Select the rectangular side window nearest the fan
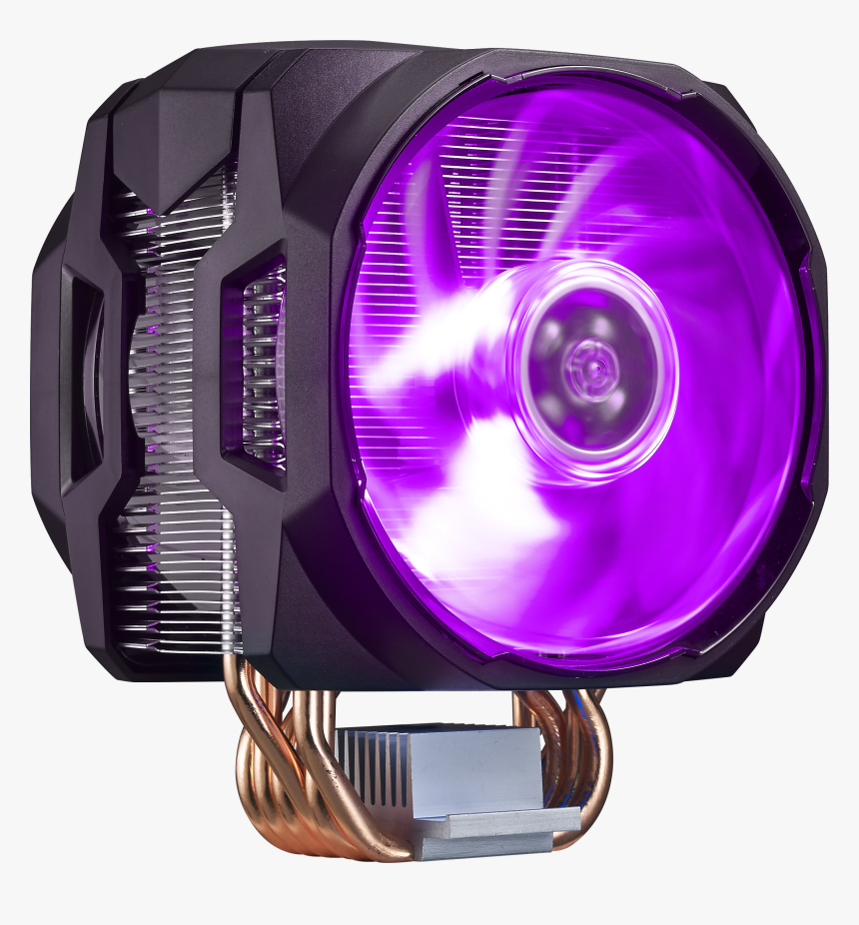pyautogui.click(x=255, y=365)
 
